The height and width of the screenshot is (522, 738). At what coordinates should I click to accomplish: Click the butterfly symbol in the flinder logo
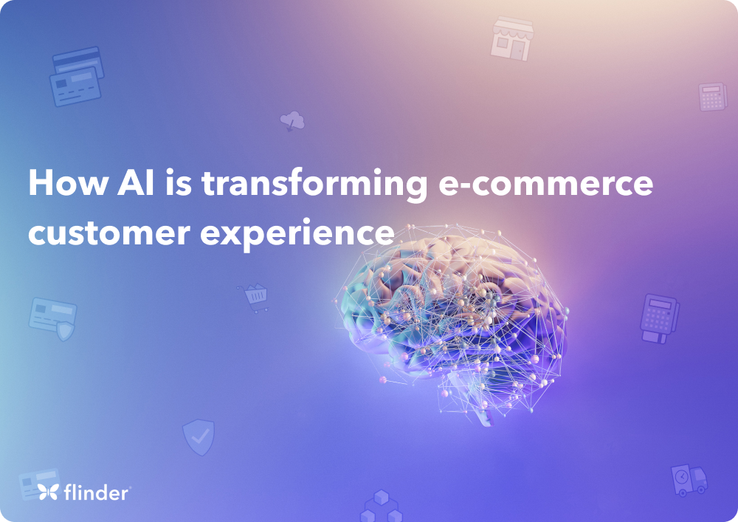(49, 492)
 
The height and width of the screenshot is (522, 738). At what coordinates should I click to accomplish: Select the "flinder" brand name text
(97, 492)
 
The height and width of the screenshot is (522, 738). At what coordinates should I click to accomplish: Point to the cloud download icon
(292, 120)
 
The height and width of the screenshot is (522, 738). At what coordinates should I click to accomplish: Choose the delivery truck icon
(689, 480)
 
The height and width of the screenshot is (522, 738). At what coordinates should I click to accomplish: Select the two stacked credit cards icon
(77, 76)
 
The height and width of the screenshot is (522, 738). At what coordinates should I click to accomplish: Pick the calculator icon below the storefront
(712, 97)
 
